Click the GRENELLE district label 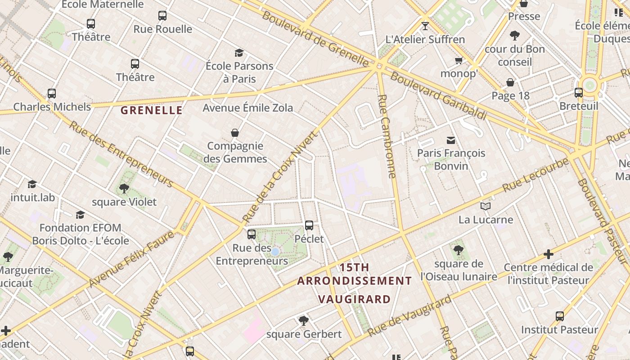[152, 110]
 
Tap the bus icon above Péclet [309, 225]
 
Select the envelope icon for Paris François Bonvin [451, 140]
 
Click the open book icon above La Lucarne [486, 207]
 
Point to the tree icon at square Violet [124, 189]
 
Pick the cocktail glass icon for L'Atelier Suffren [425, 26]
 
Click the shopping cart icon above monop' [459, 60]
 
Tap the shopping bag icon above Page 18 [510, 82]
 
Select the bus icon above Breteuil [579, 93]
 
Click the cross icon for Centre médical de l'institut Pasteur [548, 254]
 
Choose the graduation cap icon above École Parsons [239, 53]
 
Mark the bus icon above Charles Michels [52, 94]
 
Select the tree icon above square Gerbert [304, 321]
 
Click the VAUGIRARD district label [354, 299]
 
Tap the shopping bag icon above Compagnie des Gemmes [235, 133]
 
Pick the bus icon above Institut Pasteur [560, 316]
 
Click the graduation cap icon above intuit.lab [32, 184]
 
